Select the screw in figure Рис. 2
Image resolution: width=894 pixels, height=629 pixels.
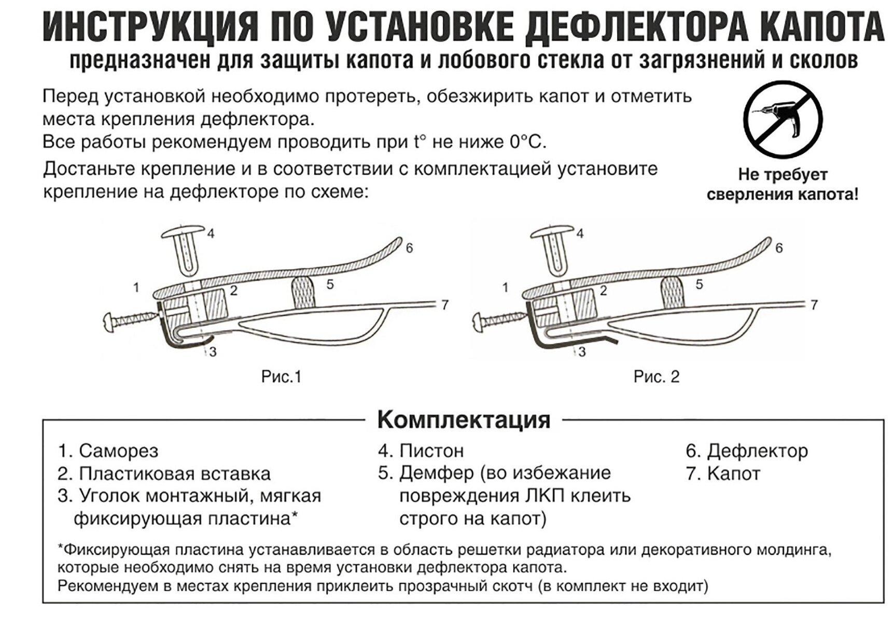tap(498, 320)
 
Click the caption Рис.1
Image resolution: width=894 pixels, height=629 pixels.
tap(281, 376)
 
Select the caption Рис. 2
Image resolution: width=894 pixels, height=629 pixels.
tap(656, 376)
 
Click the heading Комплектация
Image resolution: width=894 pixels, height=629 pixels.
tap(464, 419)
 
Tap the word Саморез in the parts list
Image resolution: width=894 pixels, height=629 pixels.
tap(118, 451)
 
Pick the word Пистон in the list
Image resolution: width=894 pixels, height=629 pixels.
tap(431, 450)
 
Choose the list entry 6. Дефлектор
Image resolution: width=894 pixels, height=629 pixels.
tap(747, 450)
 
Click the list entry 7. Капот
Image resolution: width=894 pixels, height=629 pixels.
tap(723, 473)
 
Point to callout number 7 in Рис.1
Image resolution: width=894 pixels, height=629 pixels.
tap(444, 305)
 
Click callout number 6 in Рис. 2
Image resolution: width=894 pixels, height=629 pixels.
tap(778, 248)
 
